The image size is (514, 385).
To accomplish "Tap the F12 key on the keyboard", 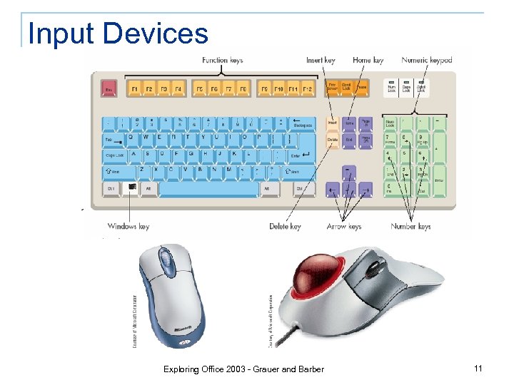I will pos(307,89).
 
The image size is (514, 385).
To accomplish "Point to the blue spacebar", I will pos(208,189).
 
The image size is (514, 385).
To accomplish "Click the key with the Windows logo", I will pos(131,188).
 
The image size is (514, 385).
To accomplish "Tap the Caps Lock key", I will pos(114,155).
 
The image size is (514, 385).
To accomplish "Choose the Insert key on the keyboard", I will pos(333,123).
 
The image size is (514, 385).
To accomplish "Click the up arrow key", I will pos(348,172).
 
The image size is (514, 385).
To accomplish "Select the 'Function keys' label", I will pos(222,60).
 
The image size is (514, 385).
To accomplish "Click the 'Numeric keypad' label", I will pos(427,60).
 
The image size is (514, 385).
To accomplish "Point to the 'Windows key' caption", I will pos(128,226).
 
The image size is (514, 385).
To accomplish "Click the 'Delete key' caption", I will pos(285,226).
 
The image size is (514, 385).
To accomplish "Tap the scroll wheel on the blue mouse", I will pos(166,255).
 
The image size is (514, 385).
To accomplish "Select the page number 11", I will pos(478,368).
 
